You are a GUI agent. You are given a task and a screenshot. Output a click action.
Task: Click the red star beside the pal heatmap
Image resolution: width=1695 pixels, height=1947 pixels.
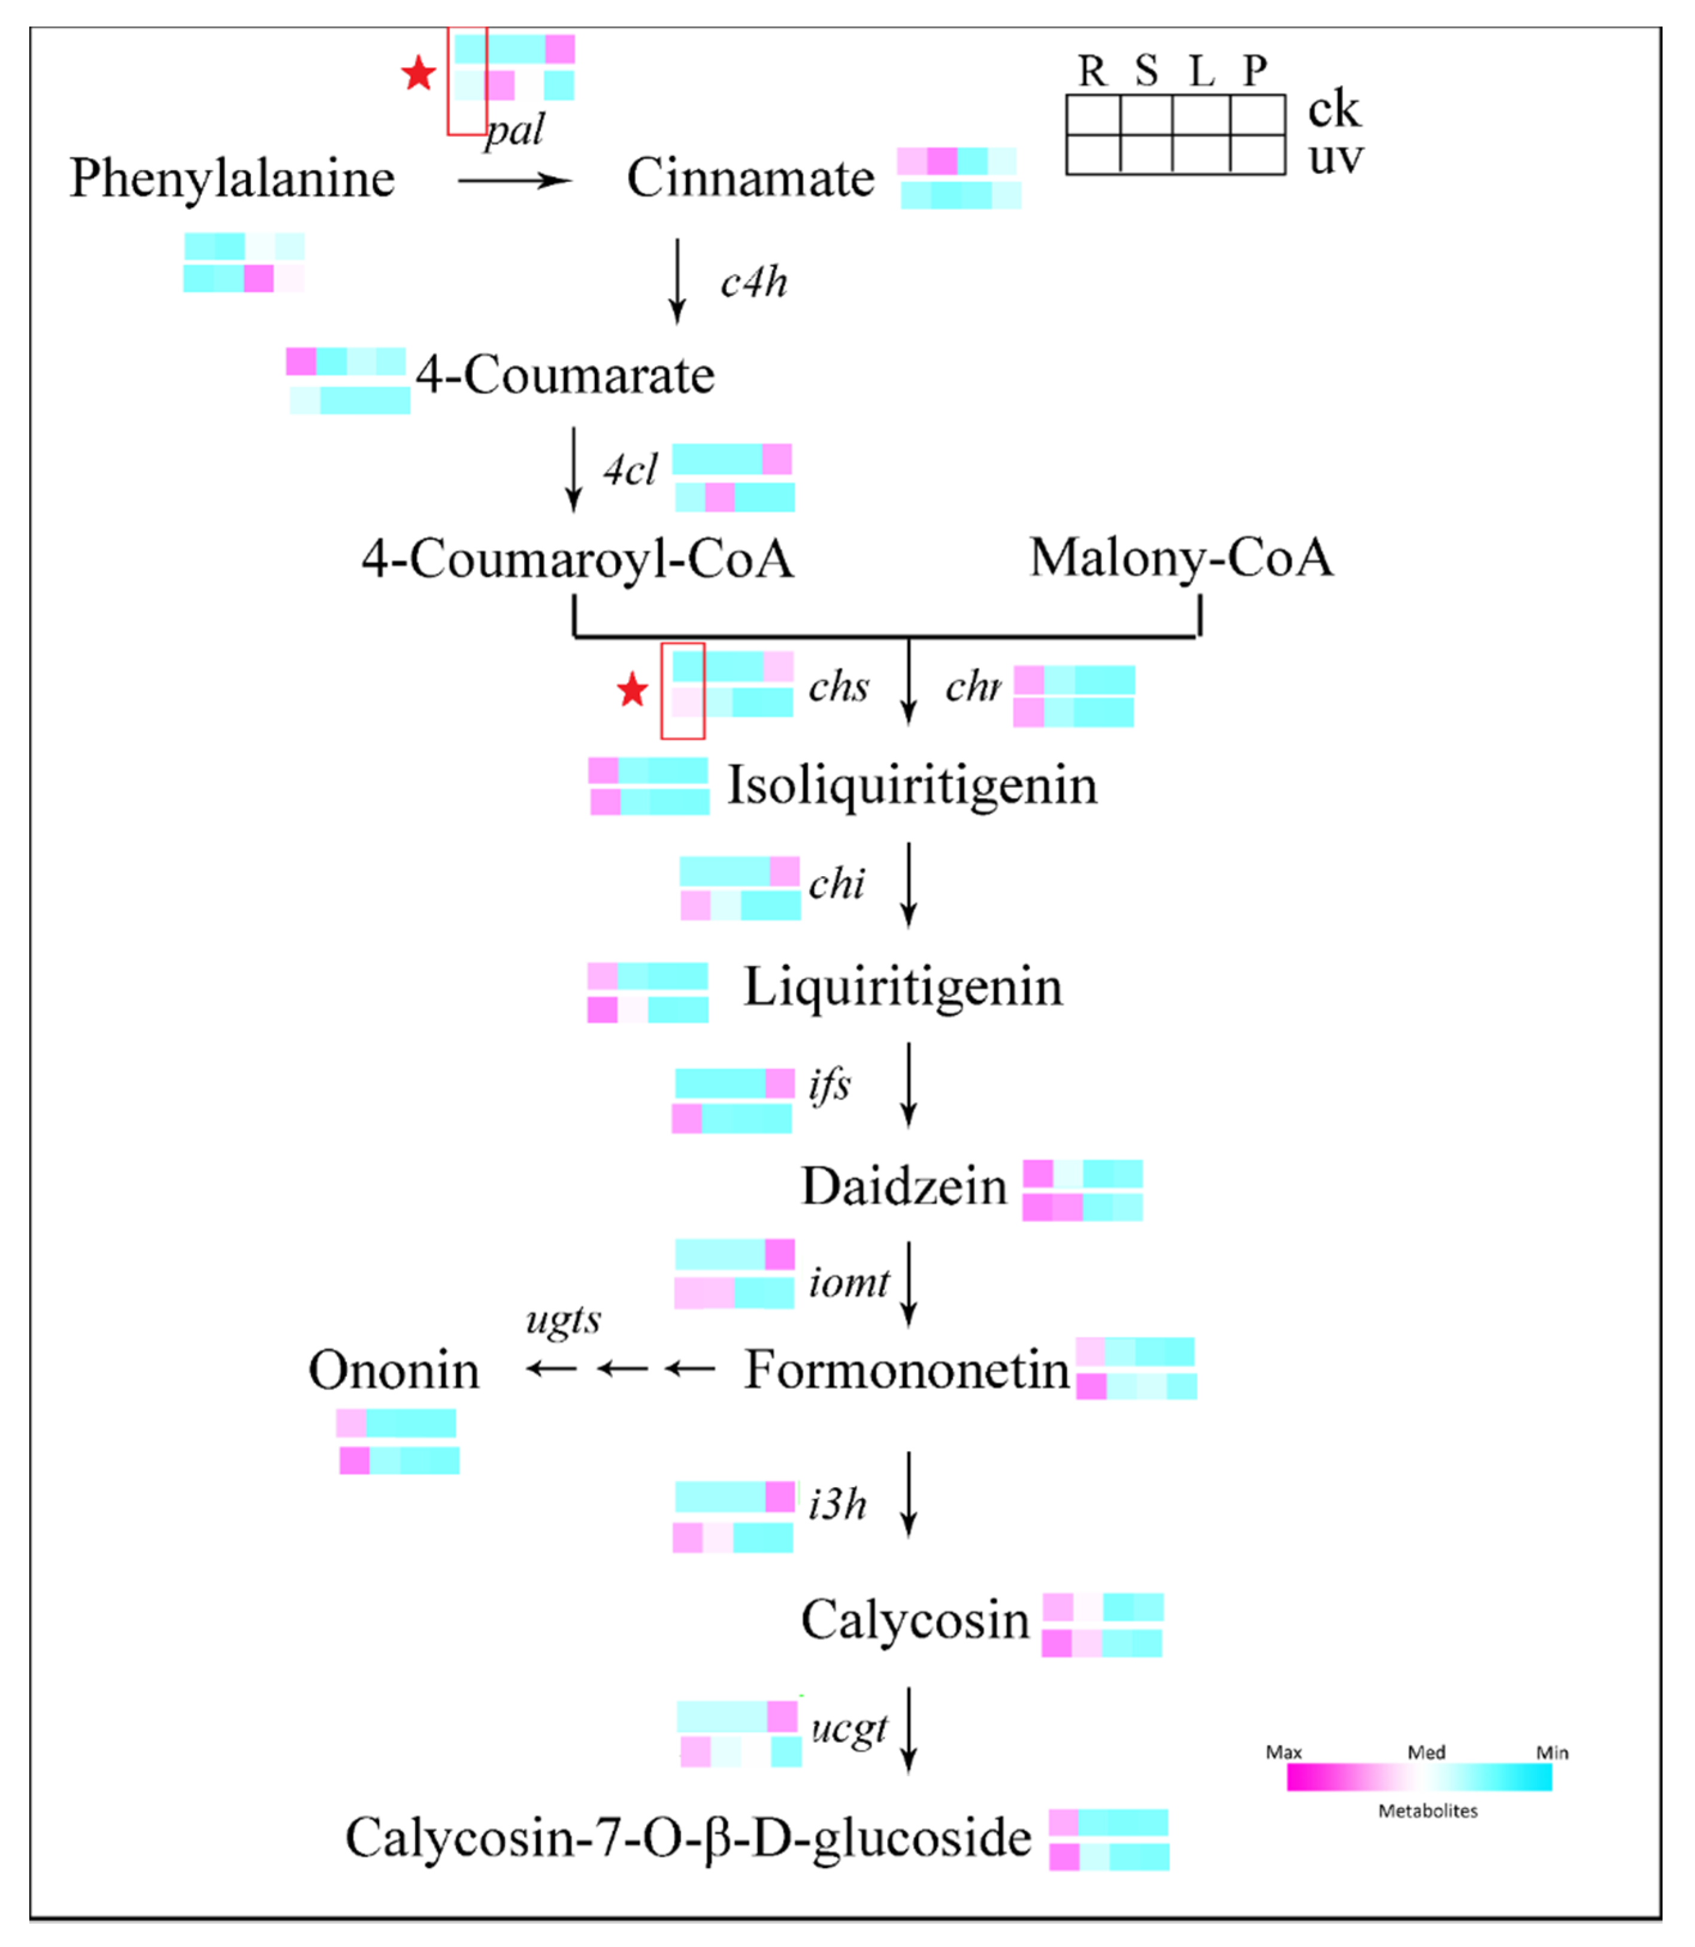(418, 73)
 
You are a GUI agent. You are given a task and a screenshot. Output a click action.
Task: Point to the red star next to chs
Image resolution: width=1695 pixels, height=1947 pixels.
(632, 691)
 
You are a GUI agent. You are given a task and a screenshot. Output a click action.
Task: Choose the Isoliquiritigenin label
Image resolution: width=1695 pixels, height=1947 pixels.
(911, 785)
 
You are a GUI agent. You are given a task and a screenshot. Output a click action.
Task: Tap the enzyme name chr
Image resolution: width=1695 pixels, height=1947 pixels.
(972, 686)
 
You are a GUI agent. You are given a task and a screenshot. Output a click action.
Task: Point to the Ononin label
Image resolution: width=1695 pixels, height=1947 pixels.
(394, 1370)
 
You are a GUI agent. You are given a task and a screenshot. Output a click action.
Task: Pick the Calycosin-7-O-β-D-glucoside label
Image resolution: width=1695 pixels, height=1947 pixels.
(688, 1837)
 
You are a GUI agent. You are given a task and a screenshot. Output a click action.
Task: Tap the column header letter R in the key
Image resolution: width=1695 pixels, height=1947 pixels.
(1092, 71)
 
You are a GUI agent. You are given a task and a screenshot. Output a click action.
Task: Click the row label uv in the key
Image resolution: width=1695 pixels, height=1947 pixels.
(1334, 156)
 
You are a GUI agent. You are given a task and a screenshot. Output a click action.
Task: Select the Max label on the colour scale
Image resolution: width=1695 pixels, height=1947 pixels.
(1284, 1752)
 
